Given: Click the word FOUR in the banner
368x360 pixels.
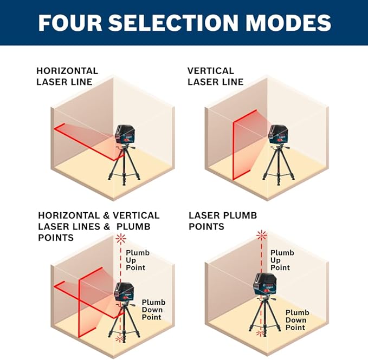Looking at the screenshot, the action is [x=70, y=23].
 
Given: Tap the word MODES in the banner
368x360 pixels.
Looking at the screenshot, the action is [x=288, y=23].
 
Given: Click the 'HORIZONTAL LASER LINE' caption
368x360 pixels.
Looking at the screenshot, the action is [x=67, y=76].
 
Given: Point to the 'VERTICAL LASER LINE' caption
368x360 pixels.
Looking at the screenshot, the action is [x=216, y=76].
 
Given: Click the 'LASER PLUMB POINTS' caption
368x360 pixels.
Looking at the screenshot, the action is [x=223, y=221].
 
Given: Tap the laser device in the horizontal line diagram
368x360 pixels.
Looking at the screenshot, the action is [x=124, y=134].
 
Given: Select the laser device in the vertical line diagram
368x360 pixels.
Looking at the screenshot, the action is [x=277, y=134].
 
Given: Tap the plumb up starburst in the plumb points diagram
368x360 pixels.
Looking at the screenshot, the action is [x=261, y=235].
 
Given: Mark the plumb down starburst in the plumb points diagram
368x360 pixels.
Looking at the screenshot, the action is [x=260, y=332].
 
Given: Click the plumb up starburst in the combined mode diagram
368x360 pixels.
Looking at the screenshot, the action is [x=121, y=239].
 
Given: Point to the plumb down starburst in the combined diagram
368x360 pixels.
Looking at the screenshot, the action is [x=120, y=339].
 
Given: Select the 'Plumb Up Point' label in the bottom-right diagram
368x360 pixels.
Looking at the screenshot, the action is [x=282, y=260].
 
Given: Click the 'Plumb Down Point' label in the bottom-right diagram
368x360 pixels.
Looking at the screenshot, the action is [x=298, y=320].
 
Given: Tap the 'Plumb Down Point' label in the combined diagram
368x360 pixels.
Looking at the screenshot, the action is [x=153, y=310].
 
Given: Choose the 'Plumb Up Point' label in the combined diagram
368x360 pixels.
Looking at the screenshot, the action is [x=138, y=260].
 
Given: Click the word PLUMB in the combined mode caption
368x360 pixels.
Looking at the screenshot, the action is [x=133, y=227].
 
